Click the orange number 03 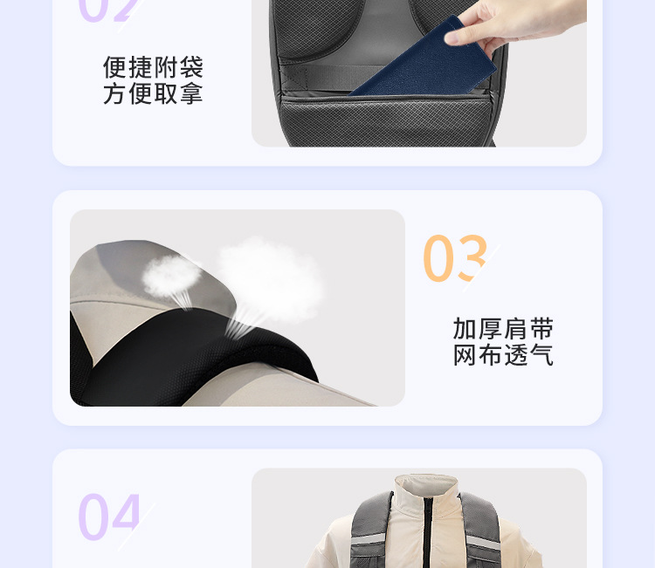tap(454, 259)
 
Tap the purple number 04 tap(108, 517)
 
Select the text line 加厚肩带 tap(503, 329)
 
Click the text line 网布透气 tap(503, 355)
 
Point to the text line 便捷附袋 tap(153, 67)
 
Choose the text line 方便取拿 tap(153, 93)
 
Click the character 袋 tap(191, 67)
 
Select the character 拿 tap(191, 93)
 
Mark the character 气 tap(541, 355)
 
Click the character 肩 tap(516, 329)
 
